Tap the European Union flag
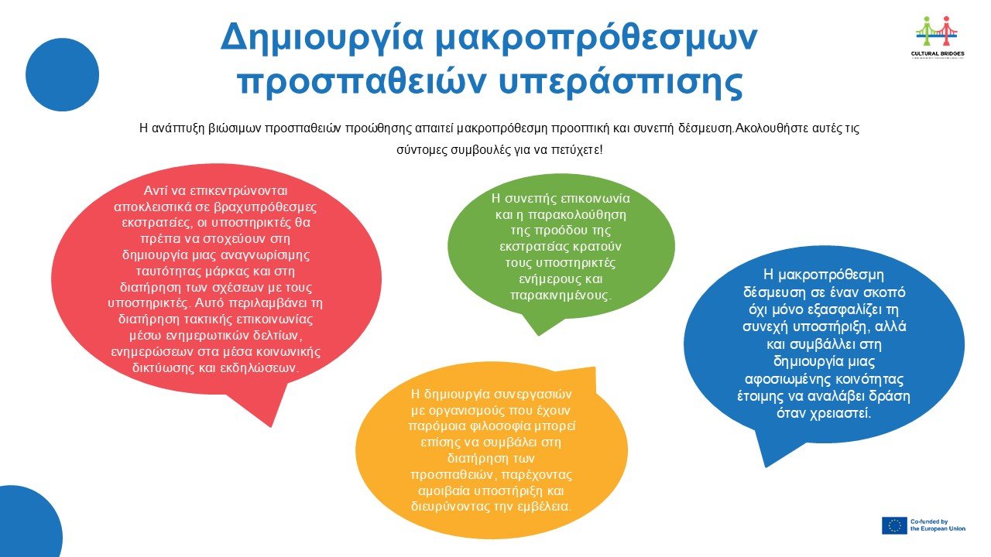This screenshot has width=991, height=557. [894, 525]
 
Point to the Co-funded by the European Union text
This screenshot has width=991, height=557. [938, 525]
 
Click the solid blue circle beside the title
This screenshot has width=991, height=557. [63, 75]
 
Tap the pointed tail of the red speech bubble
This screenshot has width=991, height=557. [271, 426]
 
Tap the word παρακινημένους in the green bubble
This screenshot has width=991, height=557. [561, 296]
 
